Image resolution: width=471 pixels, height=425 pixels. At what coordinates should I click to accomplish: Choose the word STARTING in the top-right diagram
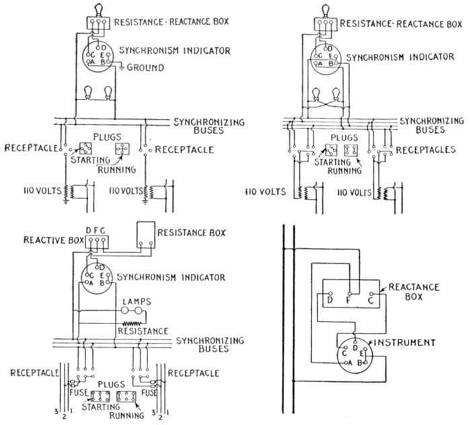[x=321, y=162]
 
